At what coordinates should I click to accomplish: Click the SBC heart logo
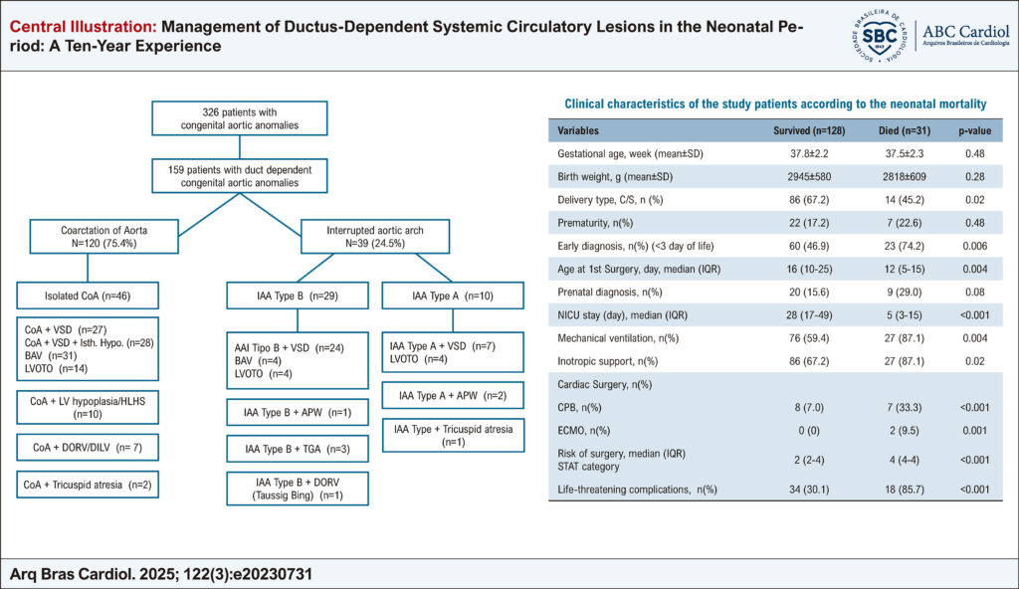tap(879, 36)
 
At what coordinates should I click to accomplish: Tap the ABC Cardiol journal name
tap(965, 31)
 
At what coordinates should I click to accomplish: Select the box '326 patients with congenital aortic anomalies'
tap(239, 118)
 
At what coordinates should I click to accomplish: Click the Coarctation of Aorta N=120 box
tap(103, 237)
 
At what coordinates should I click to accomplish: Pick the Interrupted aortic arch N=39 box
tap(375, 237)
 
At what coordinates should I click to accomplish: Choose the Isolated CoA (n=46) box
tap(88, 295)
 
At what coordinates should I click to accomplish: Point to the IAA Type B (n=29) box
tap(297, 295)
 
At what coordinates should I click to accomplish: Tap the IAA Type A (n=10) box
tap(453, 295)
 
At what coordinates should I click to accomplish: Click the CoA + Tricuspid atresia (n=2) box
tap(88, 485)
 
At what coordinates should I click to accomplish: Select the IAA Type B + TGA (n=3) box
tap(297, 449)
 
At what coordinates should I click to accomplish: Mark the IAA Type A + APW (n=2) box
tap(453, 395)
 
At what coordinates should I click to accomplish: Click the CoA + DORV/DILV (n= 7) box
tap(88, 448)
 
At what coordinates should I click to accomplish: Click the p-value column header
tap(975, 130)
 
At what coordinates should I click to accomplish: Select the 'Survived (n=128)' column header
tap(809, 130)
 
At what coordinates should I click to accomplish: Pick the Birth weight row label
tap(615, 177)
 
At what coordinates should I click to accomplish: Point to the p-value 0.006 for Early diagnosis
tap(975, 246)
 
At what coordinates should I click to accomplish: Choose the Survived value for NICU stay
tap(809, 315)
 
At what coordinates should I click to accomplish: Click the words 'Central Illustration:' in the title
tap(84, 27)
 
